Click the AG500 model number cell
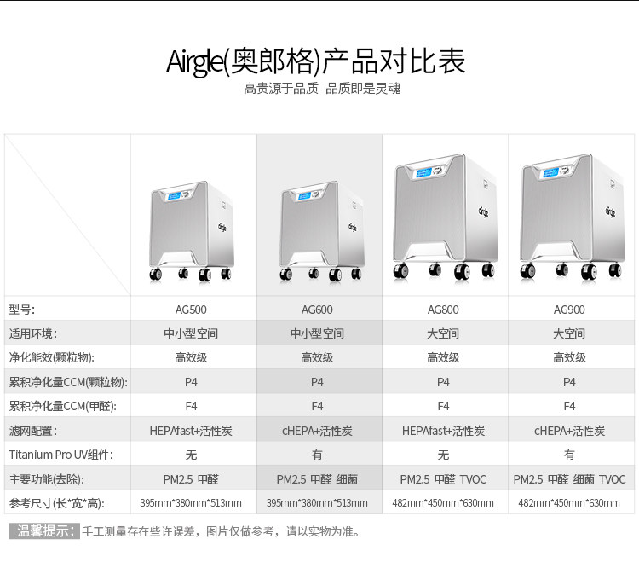point(191,310)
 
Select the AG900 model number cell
point(569,310)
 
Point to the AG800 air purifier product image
point(444,218)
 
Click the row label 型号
point(22,310)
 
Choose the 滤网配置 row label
point(33,431)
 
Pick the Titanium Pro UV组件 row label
point(60,455)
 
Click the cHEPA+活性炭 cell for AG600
point(317,431)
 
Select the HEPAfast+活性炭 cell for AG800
point(443,431)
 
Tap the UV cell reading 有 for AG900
point(569,455)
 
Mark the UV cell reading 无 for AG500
point(191,455)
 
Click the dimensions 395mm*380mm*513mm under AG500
point(191,503)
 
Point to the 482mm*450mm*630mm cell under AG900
point(569,503)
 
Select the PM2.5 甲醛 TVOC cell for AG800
point(443,479)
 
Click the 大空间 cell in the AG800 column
point(443,333)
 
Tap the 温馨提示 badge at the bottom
point(44,531)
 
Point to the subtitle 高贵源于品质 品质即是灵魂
point(322,89)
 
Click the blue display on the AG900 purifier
point(554,172)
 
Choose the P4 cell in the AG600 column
point(317,382)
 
